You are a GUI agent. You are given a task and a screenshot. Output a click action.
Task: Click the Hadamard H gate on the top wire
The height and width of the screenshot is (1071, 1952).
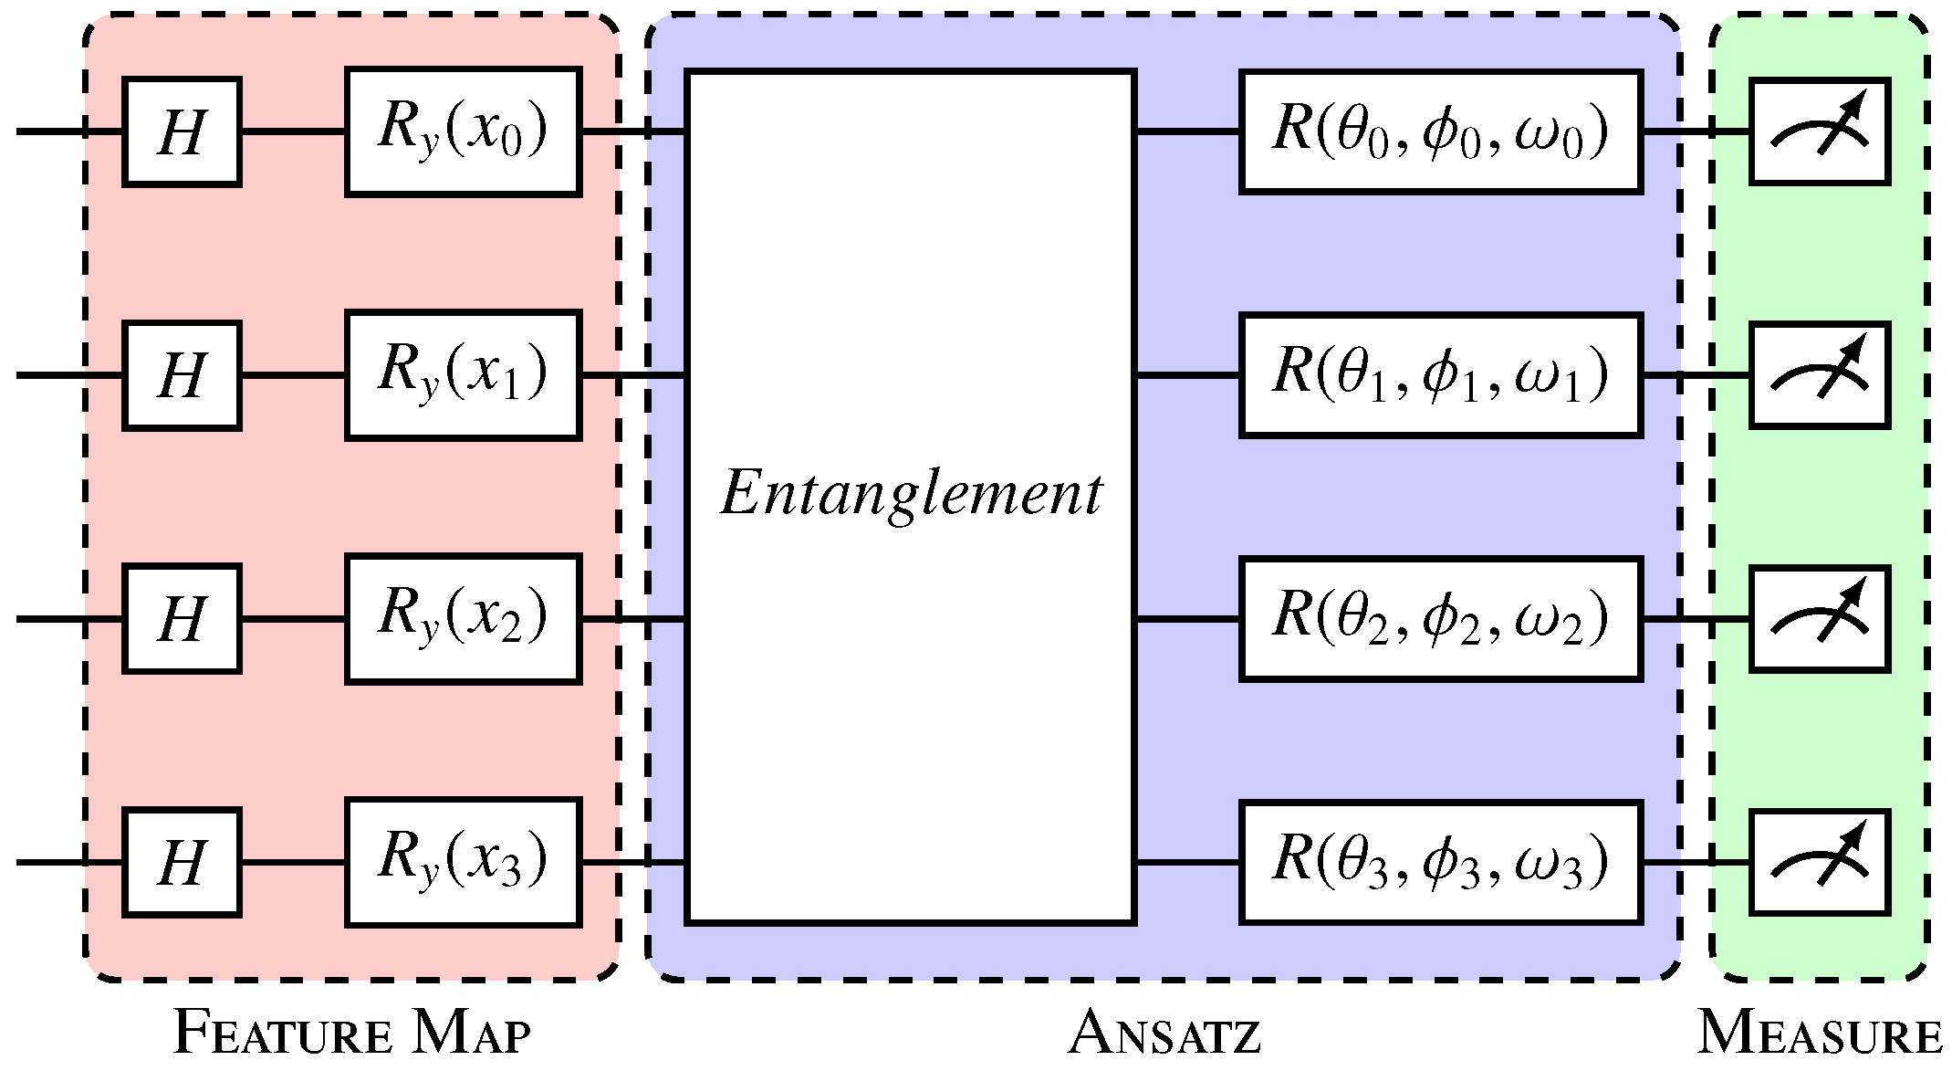pyautogui.click(x=182, y=132)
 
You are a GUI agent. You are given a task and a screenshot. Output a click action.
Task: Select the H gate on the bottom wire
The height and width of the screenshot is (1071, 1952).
pyautogui.click(x=182, y=862)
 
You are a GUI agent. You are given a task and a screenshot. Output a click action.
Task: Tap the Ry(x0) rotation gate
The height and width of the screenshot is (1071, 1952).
pyautogui.click(x=463, y=131)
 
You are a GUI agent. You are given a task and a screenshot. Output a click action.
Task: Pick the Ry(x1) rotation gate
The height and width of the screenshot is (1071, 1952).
pyautogui.click(x=463, y=375)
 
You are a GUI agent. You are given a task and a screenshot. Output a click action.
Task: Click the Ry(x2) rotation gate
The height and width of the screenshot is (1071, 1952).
pyautogui.click(x=463, y=618)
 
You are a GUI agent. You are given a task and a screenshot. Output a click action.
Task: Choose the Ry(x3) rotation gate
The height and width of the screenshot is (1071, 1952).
pyautogui.click(x=463, y=862)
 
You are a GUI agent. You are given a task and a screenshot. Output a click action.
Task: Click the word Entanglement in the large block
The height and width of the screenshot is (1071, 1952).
pyautogui.click(x=911, y=494)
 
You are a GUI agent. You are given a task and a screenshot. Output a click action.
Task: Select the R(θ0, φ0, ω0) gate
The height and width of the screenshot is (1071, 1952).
pyautogui.click(x=1440, y=131)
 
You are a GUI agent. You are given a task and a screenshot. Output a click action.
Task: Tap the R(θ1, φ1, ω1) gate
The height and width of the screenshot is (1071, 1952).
pyautogui.click(x=1440, y=375)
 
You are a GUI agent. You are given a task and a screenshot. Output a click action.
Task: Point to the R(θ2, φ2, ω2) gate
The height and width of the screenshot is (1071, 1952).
pyautogui.click(x=1440, y=618)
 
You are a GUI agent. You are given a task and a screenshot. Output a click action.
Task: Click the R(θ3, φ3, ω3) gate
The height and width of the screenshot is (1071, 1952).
pyautogui.click(x=1440, y=862)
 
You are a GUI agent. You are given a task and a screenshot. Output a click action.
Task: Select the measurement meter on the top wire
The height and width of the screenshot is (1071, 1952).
pyautogui.click(x=1819, y=131)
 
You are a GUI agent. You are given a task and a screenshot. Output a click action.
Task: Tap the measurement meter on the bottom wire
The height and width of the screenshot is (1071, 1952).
pyautogui.click(x=1819, y=862)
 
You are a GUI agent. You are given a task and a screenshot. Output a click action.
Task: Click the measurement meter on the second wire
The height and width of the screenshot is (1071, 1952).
pyautogui.click(x=1819, y=375)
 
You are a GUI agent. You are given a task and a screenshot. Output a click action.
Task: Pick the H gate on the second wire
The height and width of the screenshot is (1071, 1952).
pyautogui.click(x=182, y=375)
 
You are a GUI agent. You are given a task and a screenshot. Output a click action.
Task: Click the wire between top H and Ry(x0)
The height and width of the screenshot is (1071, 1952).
pyautogui.click(x=292, y=132)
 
